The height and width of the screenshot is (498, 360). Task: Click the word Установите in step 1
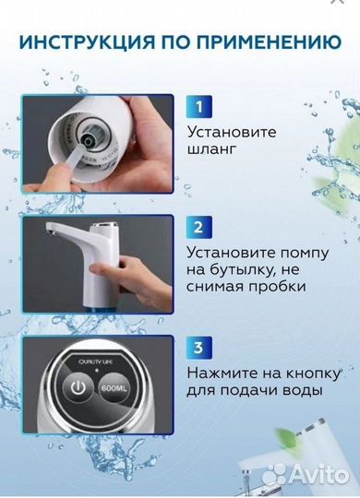click(231, 131)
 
